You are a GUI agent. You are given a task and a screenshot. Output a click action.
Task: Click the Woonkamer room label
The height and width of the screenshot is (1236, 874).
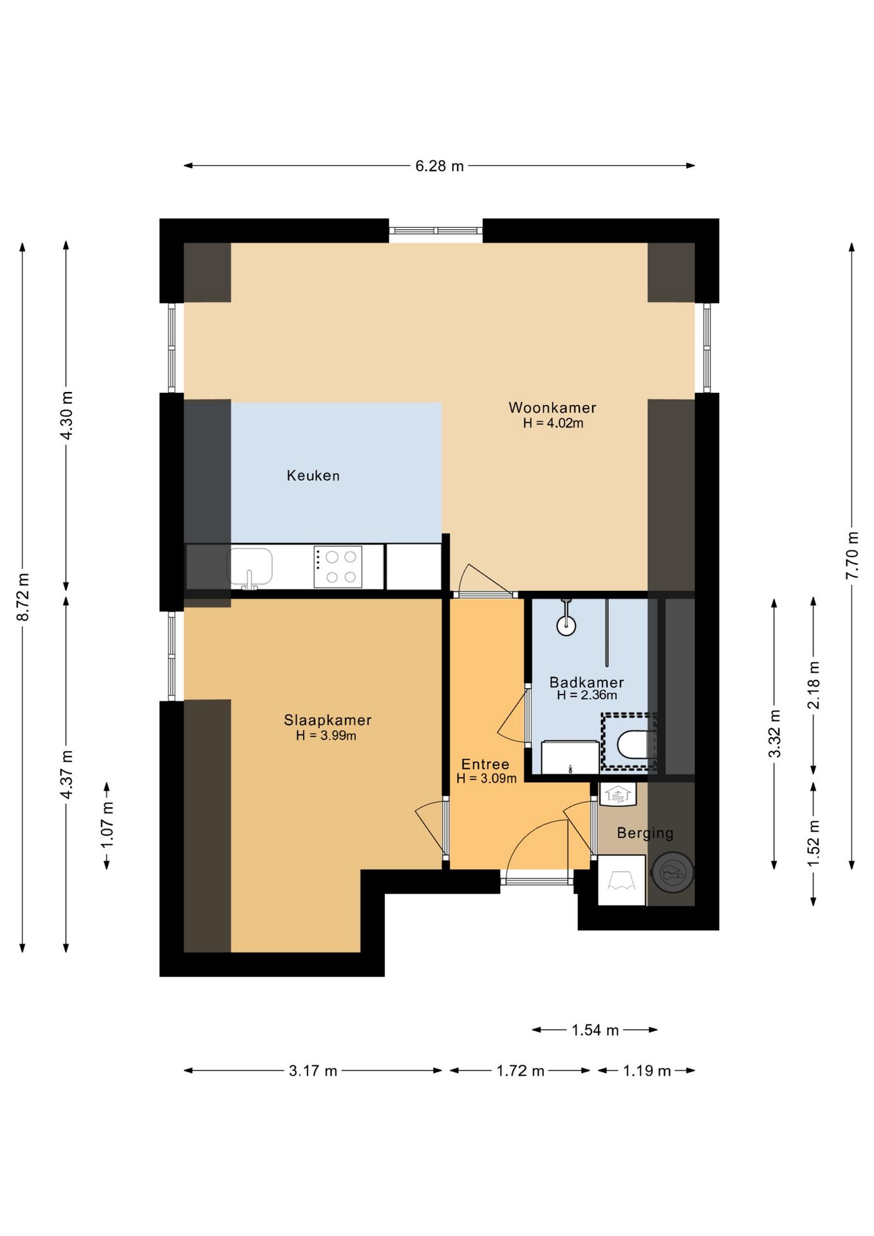point(552,407)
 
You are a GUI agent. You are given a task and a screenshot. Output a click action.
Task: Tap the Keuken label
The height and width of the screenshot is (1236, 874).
point(313,476)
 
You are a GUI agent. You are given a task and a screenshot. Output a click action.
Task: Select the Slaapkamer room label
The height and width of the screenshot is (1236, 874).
point(328,720)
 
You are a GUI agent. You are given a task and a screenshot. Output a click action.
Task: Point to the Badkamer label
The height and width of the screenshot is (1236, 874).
point(586,682)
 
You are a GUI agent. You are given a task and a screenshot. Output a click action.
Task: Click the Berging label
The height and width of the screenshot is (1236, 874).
point(645,834)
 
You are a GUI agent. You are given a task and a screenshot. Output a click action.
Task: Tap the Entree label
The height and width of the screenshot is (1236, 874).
point(485,764)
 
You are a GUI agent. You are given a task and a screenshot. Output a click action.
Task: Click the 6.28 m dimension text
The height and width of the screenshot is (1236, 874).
point(439,166)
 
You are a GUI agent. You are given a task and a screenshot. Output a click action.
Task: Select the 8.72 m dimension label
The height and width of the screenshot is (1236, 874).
point(23,597)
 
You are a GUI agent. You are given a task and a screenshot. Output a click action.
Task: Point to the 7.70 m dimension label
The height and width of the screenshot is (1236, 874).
point(851,555)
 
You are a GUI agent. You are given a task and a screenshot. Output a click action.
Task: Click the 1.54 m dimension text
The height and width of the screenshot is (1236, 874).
point(595,1031)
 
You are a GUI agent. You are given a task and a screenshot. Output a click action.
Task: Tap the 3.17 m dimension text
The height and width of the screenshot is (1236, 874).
point(313,1071)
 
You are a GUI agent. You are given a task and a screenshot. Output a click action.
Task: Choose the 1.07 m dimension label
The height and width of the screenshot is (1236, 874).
point(107,825)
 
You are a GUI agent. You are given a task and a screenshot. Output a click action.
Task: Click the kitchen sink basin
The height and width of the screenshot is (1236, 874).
point(250,566)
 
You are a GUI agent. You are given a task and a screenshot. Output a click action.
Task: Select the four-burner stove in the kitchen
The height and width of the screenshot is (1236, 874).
point(338,567)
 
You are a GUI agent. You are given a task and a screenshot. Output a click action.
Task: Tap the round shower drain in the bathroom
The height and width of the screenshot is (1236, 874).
point(566,625)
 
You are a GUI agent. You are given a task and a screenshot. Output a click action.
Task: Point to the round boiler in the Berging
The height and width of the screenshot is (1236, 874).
point(673,873)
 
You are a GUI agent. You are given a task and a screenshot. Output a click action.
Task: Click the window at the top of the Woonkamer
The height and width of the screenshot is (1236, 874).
point(436,230)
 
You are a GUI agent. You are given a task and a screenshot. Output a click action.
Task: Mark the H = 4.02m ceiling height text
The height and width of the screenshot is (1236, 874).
point(553,423)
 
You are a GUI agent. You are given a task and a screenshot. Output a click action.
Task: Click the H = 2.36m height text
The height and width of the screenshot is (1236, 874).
point(586,695)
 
